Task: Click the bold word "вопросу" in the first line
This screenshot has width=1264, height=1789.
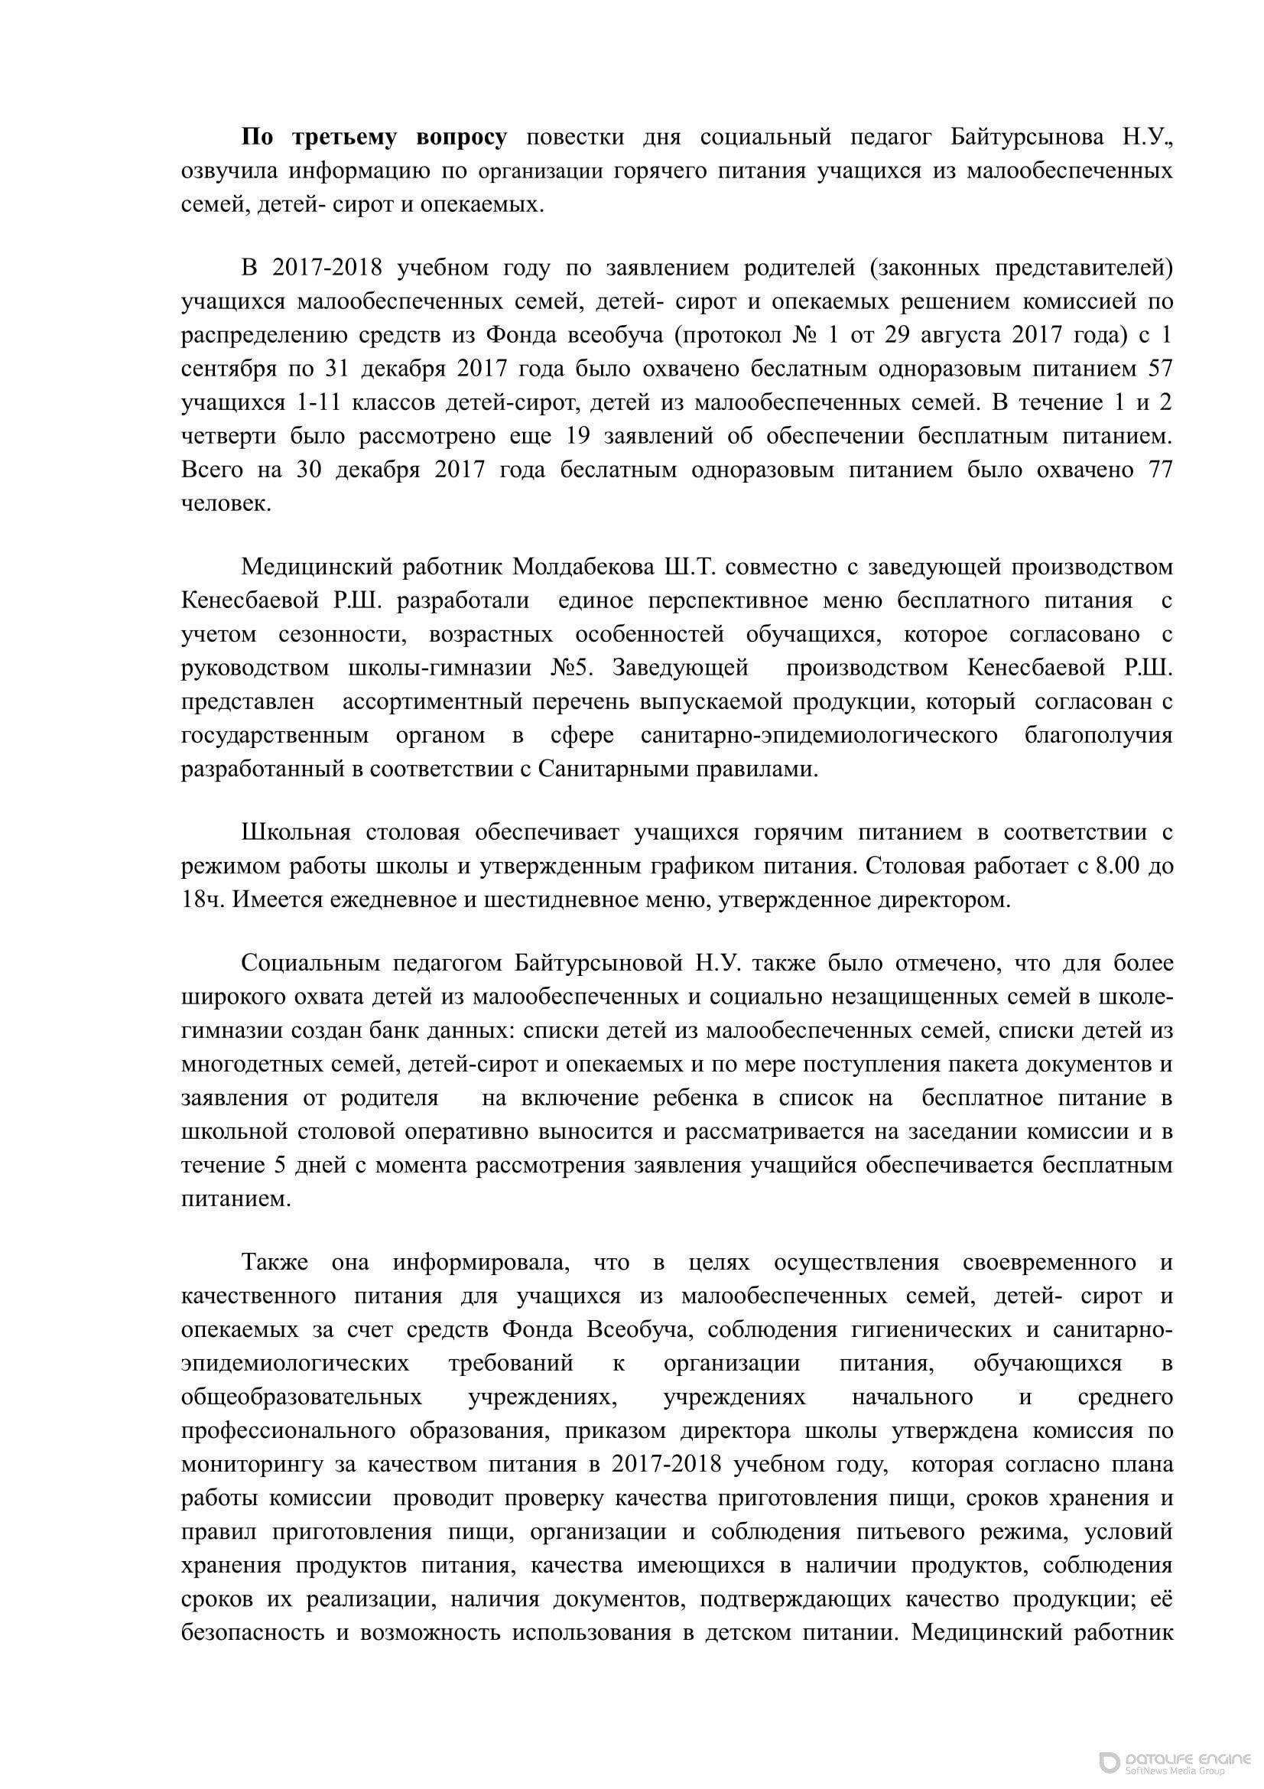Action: click(461, 138)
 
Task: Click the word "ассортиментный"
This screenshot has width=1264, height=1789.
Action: click(431, 701)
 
